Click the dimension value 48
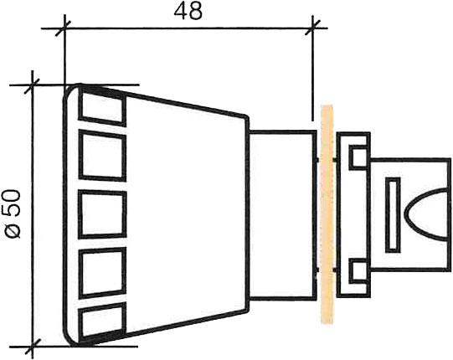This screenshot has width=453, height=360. [188, 12]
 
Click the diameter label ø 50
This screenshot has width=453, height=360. [13, 213]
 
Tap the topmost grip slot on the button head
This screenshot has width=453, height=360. [102, 107]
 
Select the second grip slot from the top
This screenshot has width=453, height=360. [102, 156]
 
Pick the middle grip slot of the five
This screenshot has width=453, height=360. [102, 214]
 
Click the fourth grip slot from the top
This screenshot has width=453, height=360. [102, 272]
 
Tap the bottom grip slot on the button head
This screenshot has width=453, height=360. [102, 321]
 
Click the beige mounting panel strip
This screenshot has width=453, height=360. [327, 214]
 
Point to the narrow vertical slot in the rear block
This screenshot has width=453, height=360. [393, 214]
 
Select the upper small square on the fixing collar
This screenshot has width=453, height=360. [358, 157]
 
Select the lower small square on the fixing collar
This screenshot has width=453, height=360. [358, 271]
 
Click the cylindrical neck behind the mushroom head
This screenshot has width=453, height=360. [282, 214]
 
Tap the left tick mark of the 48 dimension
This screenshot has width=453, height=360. [64, 28]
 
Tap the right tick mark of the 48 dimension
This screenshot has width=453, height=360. [312, 28]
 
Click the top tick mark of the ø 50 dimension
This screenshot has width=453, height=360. [32, 85]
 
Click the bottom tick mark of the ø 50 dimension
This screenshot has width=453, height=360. [32, 346]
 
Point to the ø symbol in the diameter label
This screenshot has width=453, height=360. [13, 231]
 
